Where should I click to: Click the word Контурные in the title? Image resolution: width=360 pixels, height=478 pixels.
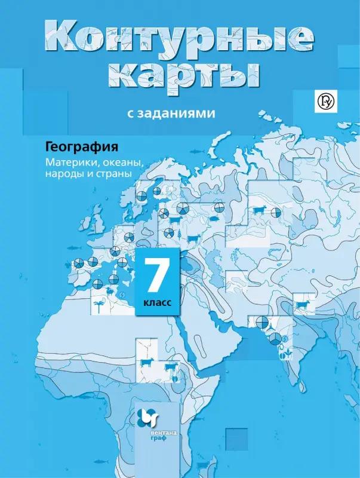coord(179,39)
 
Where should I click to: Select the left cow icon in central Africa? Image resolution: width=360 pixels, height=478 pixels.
coord(146,363)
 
